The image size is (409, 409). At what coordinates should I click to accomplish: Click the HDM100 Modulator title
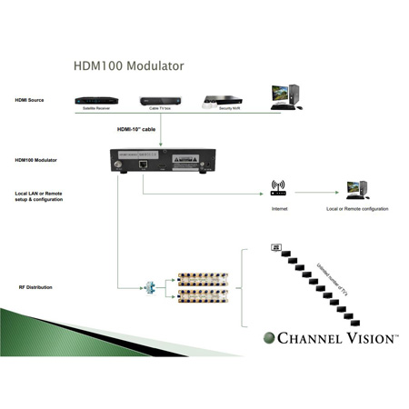(x=128, y=66)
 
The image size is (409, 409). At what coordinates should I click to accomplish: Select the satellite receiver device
(x=95, y=100)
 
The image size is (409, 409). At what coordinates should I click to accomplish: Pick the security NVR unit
(x=223, y=100)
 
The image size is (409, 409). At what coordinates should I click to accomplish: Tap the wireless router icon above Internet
(x=278, y=188)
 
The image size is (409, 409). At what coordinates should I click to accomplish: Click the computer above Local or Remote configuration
(x=355, y=189)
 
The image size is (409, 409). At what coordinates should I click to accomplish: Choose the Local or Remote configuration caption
(x=358, y=208)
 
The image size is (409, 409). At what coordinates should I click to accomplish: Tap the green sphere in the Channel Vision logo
(x=268, y=340)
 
